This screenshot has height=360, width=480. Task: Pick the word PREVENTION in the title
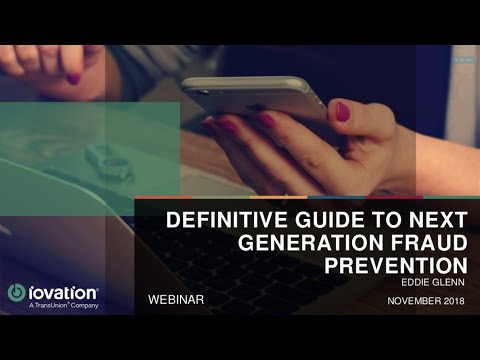[x=397, y=265]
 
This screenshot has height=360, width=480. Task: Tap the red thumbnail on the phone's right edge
[x=343, y=112]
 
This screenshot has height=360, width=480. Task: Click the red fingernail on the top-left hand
[x=72, y=78]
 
